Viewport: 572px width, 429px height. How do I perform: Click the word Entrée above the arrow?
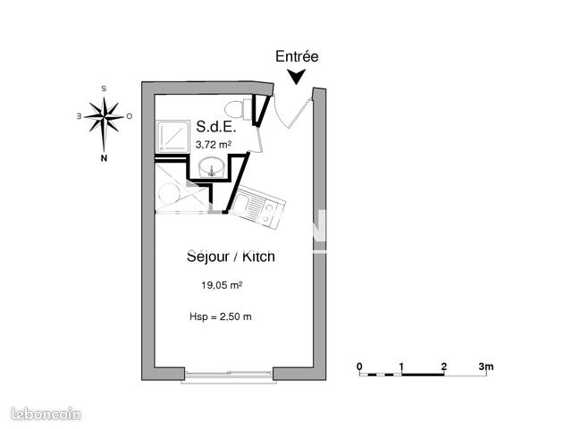(296, 55)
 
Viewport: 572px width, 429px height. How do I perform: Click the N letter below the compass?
(104, 159)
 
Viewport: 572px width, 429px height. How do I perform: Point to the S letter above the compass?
(104, 88)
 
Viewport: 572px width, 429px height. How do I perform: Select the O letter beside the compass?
(130, 116)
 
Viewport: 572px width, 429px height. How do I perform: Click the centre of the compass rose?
(104, 116)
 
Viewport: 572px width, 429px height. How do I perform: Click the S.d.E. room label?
(215, 127)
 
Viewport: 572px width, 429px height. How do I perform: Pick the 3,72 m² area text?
(213, 144)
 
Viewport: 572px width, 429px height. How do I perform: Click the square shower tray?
(171, 136)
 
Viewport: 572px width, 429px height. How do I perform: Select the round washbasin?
(212, 166)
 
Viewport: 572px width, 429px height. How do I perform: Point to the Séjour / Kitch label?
(231, 257)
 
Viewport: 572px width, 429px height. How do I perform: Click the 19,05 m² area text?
(223, 286)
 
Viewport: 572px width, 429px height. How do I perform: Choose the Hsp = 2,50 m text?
(220, 316)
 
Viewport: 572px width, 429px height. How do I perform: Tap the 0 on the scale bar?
(359, 366)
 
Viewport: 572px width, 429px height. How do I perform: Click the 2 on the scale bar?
(444, 366)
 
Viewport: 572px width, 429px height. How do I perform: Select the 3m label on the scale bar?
(485, 366)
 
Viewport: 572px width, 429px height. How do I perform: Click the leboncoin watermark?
(45, 414)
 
